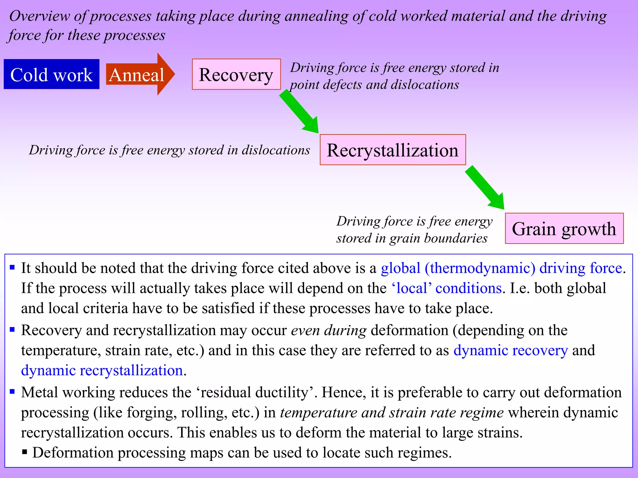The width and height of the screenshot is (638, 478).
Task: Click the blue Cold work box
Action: pyautogui.click(x=51, y=74)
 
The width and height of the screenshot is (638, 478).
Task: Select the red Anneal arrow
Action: pyautogui.click(x=139, y=74)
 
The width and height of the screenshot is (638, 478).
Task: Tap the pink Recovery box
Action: pyautogui.click(x=236, y=74)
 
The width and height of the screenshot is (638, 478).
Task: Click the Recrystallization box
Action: pyautogui.click(x=393, y=150)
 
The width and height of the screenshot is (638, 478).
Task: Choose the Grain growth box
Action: pyautogui.click(x=564, y=228)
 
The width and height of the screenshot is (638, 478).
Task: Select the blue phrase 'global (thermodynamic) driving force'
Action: pyautogui.click(x=502, y=268)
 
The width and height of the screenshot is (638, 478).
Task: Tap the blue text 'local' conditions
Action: pyautogui.click(x=446, y=288)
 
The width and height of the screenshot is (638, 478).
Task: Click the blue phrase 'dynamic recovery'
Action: pyautogui.click(x=511, y=350)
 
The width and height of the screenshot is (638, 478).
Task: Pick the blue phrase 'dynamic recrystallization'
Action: pyautogui.click(x=102, y=371)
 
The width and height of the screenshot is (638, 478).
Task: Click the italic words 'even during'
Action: pyautogui.click(x=329, y=330)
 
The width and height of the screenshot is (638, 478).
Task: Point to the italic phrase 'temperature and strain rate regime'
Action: pyautogui.click(x=392, y=413)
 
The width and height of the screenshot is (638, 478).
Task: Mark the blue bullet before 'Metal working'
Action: pyautogui.click(x=12, y=391)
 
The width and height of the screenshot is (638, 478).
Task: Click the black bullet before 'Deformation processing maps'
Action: pyautogui.click(x=25, y=452)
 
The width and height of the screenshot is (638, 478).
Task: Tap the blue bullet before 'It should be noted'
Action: pyautogui.click(x=12, y=267)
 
